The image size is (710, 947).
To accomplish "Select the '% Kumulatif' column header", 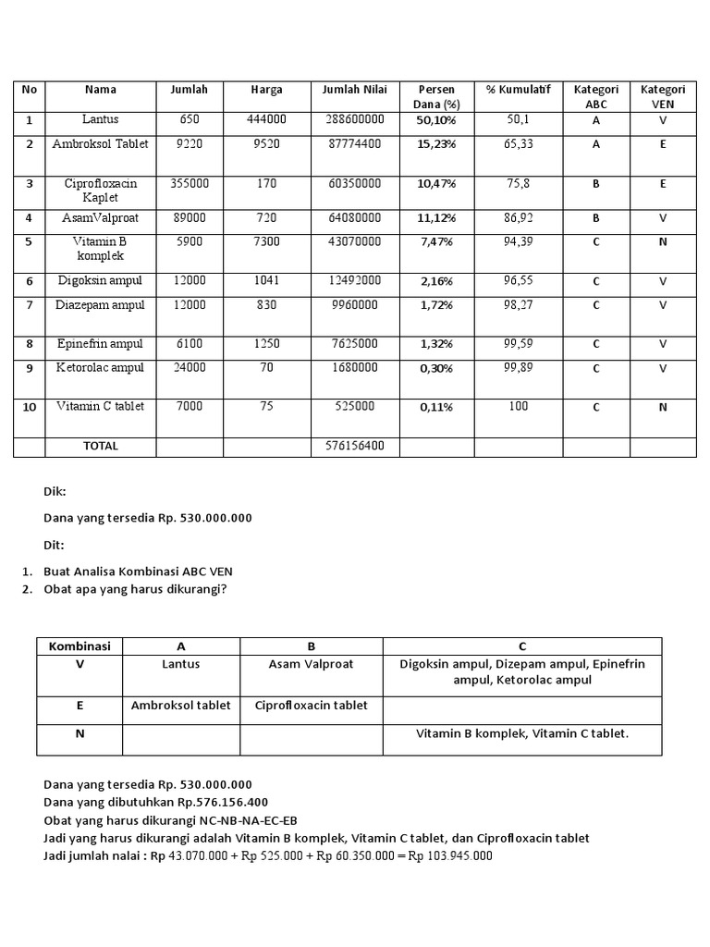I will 518,90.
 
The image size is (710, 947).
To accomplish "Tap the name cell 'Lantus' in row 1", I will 100,119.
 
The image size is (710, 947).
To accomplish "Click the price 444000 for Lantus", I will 266,119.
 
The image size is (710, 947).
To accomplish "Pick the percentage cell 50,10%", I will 436,120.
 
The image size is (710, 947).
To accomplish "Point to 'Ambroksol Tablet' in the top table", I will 100,144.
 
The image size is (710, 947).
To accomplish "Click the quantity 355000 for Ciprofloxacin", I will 189,184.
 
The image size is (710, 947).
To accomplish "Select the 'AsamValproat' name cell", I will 100,218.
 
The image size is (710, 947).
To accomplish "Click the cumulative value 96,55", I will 518,280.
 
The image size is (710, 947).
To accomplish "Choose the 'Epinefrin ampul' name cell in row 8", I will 100,344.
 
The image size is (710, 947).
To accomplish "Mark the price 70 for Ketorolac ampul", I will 266,368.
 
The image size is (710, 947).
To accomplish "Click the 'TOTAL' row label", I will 100,446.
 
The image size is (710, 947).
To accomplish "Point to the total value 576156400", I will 355,446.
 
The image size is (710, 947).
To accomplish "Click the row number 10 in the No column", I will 29,407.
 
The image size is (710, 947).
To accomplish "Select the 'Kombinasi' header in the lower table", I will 80,646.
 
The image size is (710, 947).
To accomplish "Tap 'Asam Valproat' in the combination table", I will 311,664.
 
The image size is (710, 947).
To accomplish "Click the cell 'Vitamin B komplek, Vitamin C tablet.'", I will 522,733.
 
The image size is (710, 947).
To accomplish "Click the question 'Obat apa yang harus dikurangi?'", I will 135,589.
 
